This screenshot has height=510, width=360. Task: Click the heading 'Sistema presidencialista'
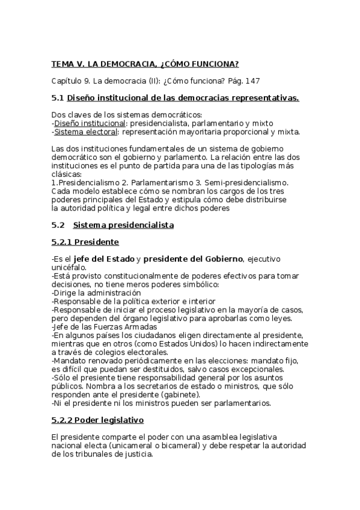point(123,225)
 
